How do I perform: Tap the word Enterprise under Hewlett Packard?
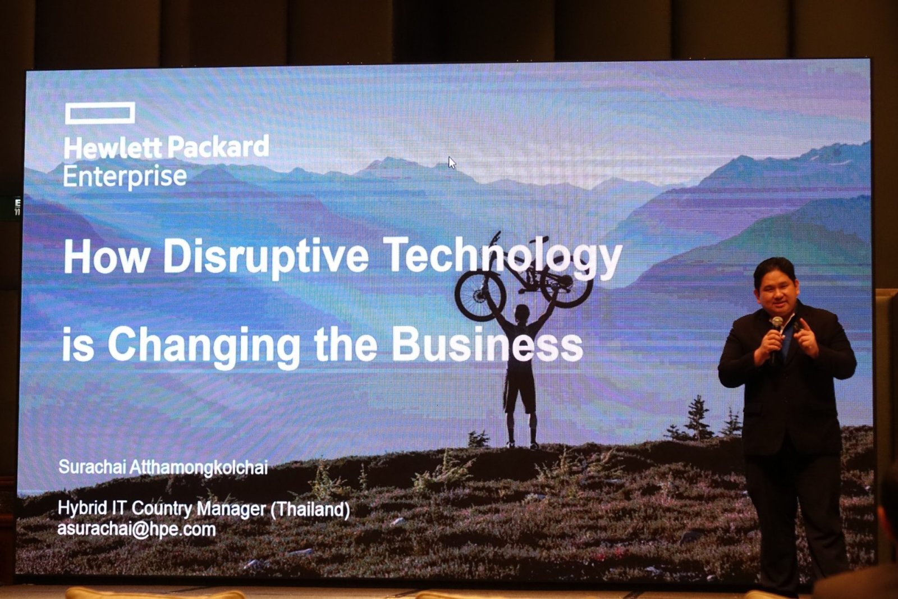(x=125, y=176)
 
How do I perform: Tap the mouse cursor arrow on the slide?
(x=452, y=163)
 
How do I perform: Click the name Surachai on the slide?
(x=93, y=467)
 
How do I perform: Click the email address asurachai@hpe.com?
(x=137, y=529)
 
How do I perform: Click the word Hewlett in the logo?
(x=112, y=148)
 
